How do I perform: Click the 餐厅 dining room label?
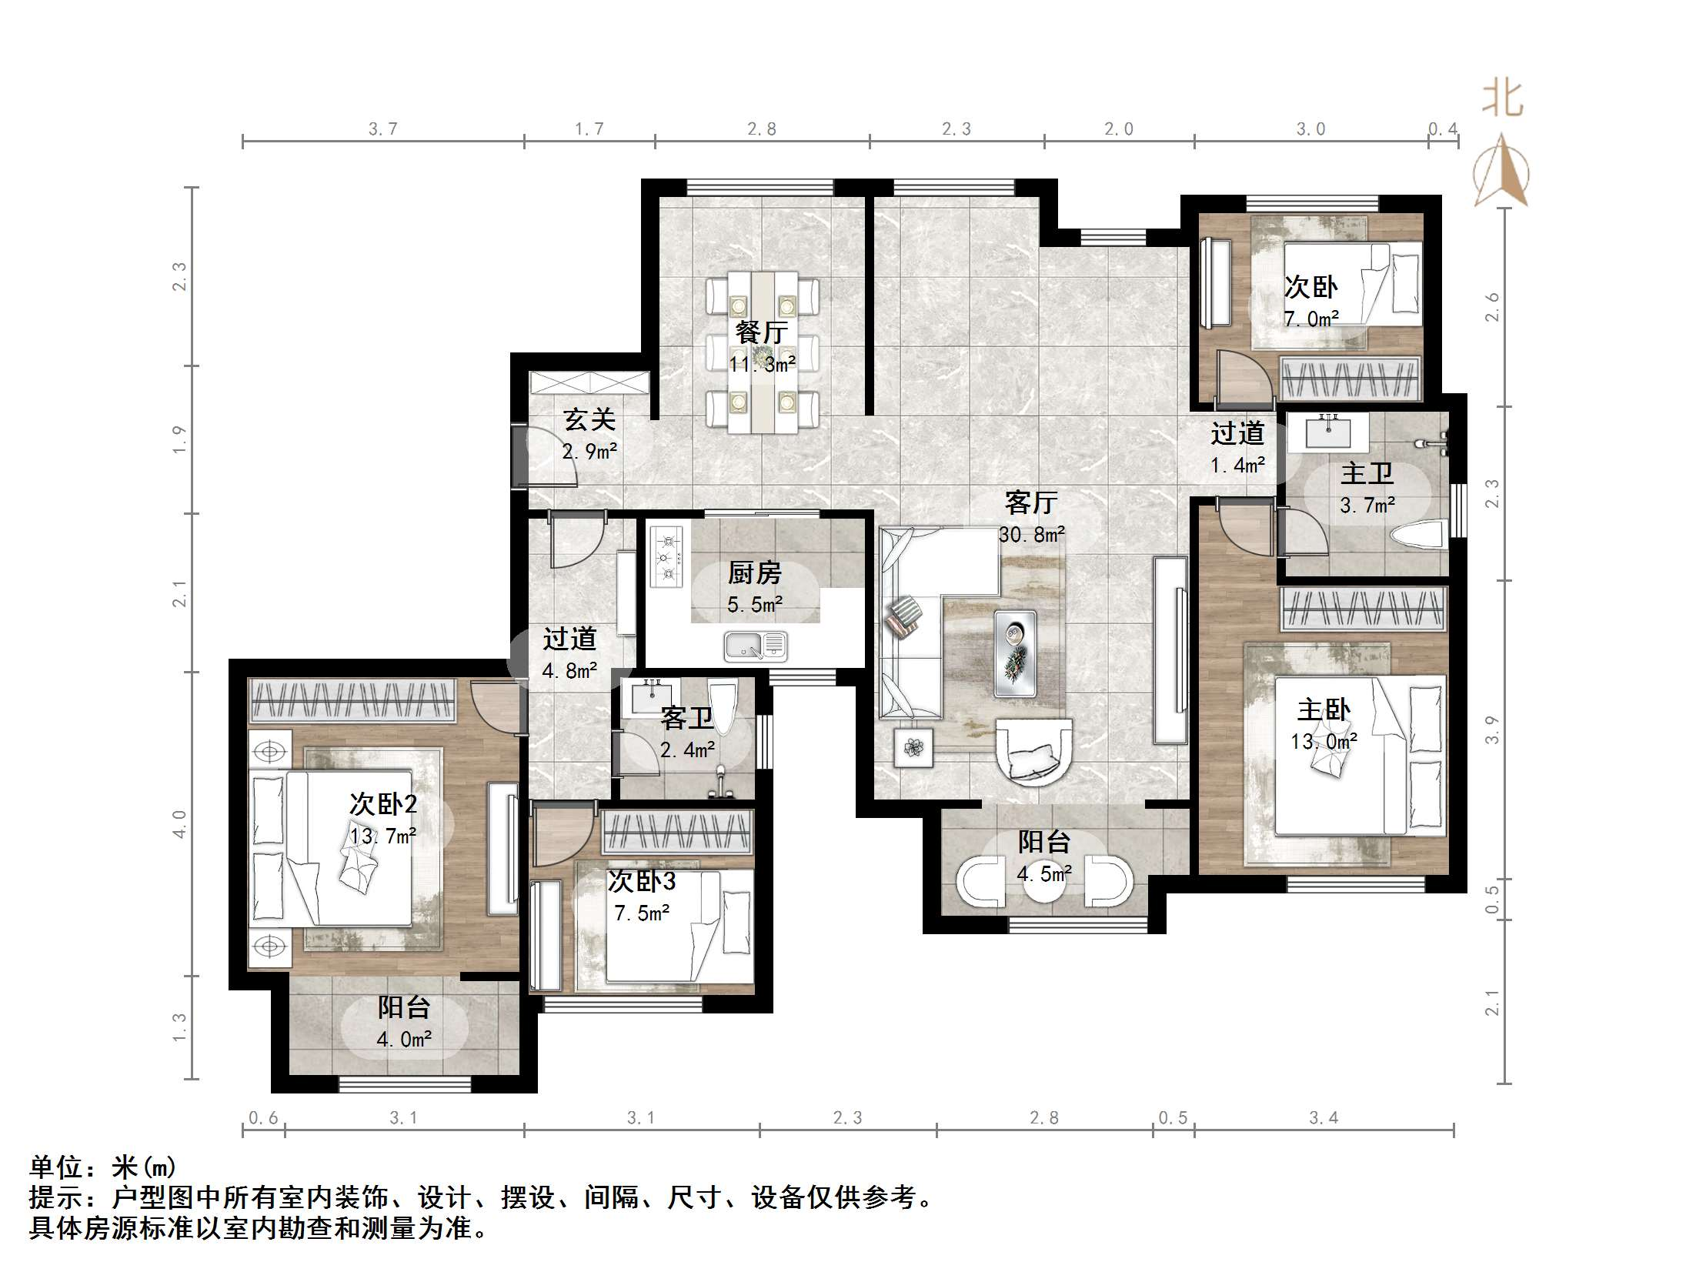(761, 332)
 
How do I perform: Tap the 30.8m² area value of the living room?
(1031, 534)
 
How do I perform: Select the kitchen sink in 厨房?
(756, 646)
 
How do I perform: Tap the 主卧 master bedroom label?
(1323, 709)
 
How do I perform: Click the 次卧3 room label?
(641, 881)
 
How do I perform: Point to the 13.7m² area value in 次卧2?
(383, 836)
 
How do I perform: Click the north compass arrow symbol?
(1501, 171)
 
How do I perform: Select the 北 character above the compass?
(1502, 100)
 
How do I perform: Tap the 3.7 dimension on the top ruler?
(382, 129)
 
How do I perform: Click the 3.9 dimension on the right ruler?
(1492, 729)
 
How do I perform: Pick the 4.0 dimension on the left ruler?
(179, 824)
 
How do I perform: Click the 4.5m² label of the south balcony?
(1044, 874)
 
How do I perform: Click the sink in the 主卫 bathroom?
(1328, 432)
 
